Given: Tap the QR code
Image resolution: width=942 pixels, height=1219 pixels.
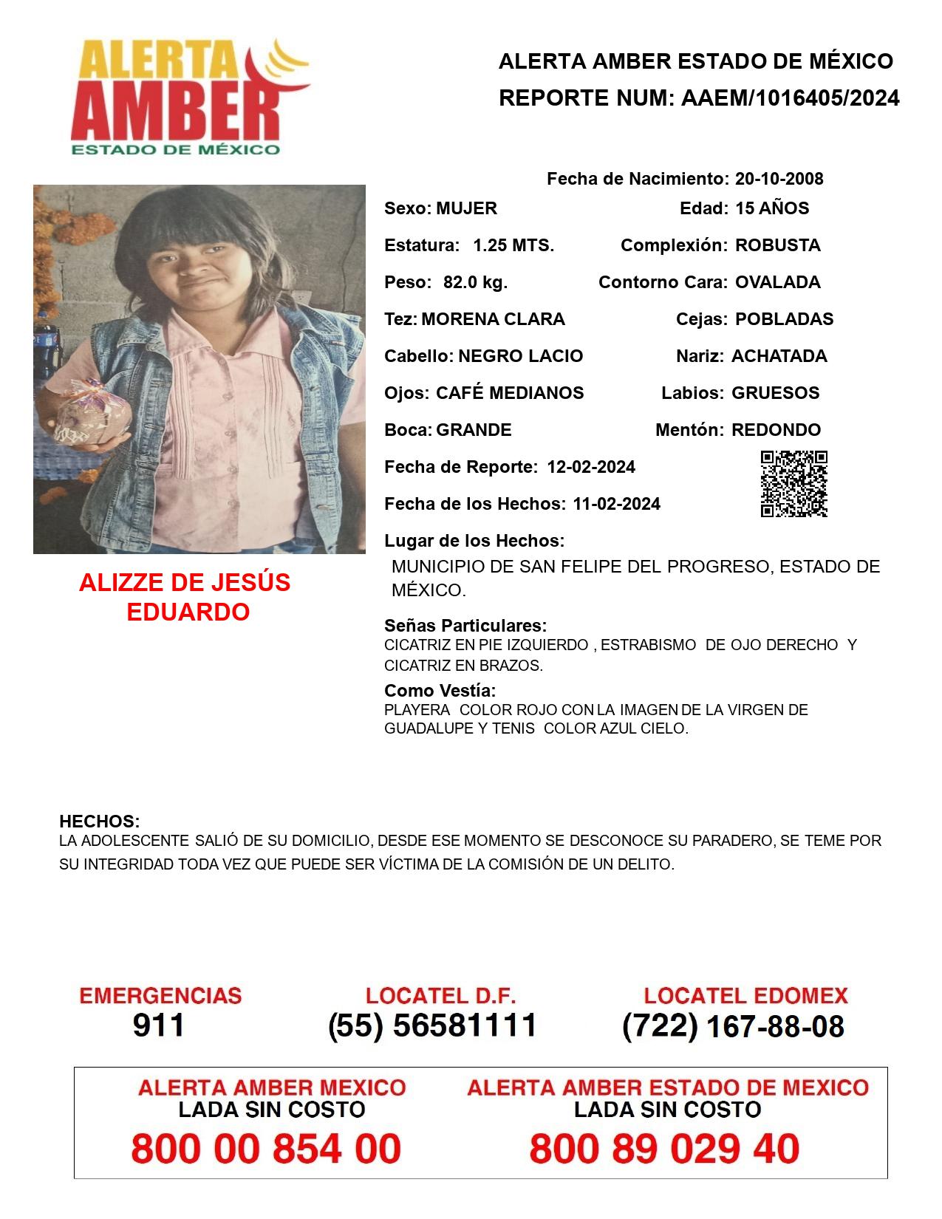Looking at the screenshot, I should point(793,484).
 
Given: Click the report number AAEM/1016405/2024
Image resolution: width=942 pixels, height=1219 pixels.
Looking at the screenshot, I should point(790,98).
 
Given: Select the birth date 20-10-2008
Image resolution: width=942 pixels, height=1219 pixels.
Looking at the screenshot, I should point(779,179).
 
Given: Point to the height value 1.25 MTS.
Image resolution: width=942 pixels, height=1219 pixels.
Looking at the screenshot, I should point(513,245).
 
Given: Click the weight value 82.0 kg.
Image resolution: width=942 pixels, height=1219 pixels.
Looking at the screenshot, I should point(475,282).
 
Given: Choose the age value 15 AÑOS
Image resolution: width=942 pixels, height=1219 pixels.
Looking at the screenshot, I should point(772,208).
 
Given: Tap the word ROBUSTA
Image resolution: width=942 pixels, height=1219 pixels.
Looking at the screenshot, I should point(777,245).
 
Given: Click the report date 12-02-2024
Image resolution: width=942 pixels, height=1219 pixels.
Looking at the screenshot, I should point(591,467).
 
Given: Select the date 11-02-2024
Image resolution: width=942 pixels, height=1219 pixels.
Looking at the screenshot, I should point(616,504).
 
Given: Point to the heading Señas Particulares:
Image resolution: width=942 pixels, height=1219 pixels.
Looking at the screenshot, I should point(465,626).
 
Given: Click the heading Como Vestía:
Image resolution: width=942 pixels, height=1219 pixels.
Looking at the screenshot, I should point(440,691).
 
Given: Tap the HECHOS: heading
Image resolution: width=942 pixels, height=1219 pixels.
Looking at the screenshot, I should point(99,822).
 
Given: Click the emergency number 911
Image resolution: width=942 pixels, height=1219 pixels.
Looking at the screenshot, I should point(159,1025).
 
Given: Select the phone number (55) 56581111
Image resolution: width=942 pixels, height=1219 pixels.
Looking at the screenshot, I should point(432,1025).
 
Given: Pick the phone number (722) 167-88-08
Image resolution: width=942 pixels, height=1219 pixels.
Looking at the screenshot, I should point(733,1026).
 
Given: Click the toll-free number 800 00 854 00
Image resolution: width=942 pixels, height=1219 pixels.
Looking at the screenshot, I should point(266,1149).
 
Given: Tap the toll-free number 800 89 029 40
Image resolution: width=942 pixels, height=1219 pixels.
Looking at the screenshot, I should point(664,1149).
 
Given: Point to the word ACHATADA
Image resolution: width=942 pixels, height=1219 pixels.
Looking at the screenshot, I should point(779,356).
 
